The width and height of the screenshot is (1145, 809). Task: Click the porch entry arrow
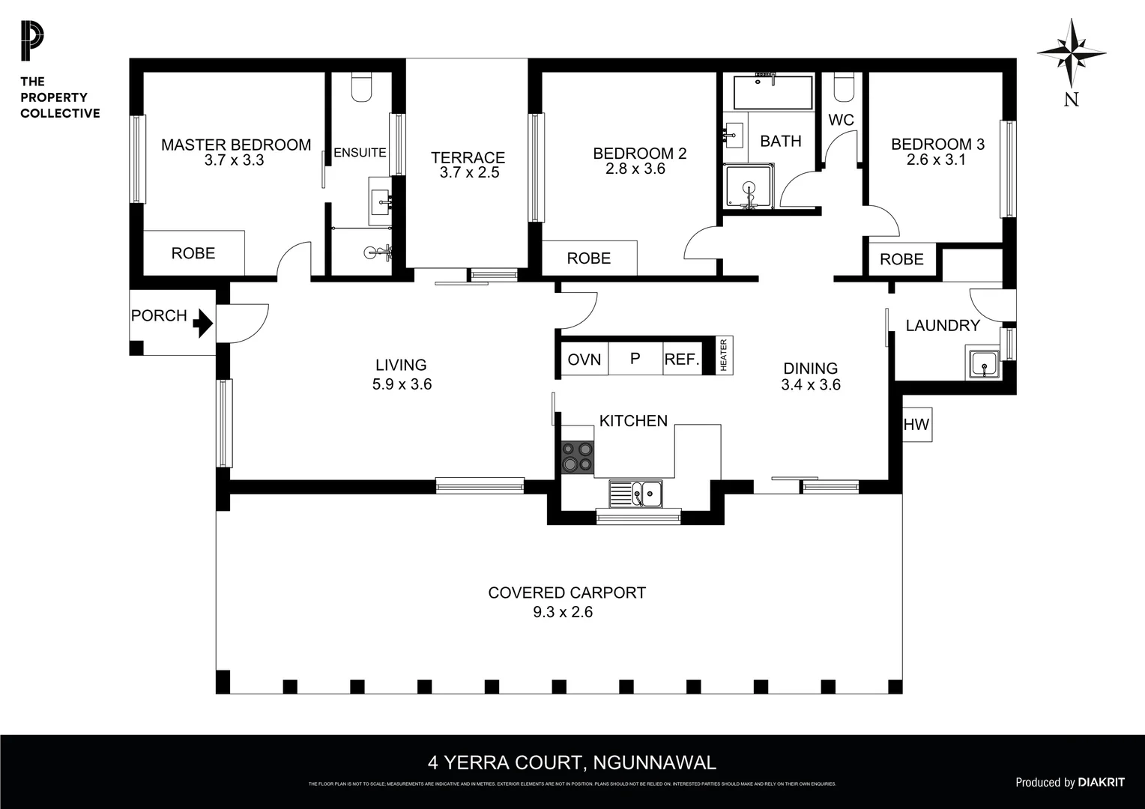tap(202, 324)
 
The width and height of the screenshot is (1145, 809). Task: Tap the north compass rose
tap(1072, 53)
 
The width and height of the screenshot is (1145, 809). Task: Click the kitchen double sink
tap(635, 494)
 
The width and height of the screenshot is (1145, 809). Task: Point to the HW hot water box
tap(916, 425)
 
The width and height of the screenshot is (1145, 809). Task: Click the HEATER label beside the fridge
tap(724, 355)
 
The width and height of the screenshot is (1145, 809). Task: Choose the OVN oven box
tap(584, 360)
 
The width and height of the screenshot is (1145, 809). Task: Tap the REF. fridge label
tap(681, 360)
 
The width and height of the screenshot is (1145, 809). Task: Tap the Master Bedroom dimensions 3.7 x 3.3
tap(234, 160)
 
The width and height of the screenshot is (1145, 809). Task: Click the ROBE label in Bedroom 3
tap(901, 259)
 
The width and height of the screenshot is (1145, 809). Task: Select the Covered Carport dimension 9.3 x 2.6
tap(562, 612)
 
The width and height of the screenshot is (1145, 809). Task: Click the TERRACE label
tap(468, 157)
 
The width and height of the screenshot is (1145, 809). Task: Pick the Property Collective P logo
tap(32, 41)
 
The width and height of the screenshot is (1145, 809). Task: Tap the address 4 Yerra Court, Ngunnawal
tap(572, 763)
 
